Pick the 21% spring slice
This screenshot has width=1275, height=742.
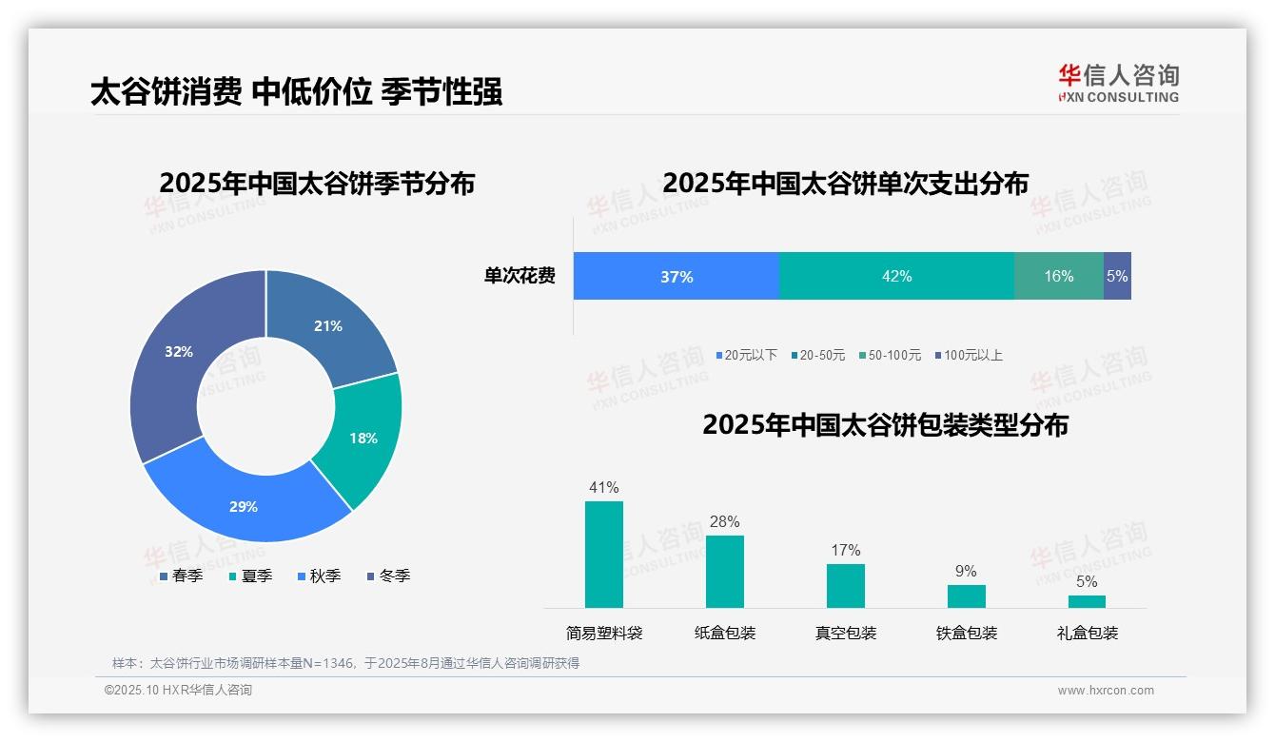coord(331,323)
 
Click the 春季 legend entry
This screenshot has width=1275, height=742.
coord(181,576)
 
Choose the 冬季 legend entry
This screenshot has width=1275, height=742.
coord(388,576)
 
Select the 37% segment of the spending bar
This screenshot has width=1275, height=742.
coord(676,277)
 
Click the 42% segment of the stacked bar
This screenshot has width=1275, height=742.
coord(896,277)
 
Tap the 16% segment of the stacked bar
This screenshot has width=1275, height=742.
coord(1058,277)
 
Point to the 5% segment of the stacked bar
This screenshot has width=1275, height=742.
coord(1117,277)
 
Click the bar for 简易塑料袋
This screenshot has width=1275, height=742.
coord(604,554)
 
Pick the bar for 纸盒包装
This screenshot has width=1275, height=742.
coord(725,571)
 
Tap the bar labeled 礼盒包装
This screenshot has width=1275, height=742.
coord(1087,601)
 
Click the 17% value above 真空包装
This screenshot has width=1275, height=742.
coord(845,550)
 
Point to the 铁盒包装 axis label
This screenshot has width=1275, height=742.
coord(967,633)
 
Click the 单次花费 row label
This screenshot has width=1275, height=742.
coord(520,277)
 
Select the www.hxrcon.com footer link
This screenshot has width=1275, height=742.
coord(1106,690)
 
